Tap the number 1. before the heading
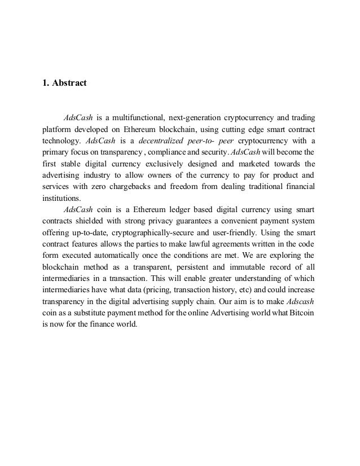46,84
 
